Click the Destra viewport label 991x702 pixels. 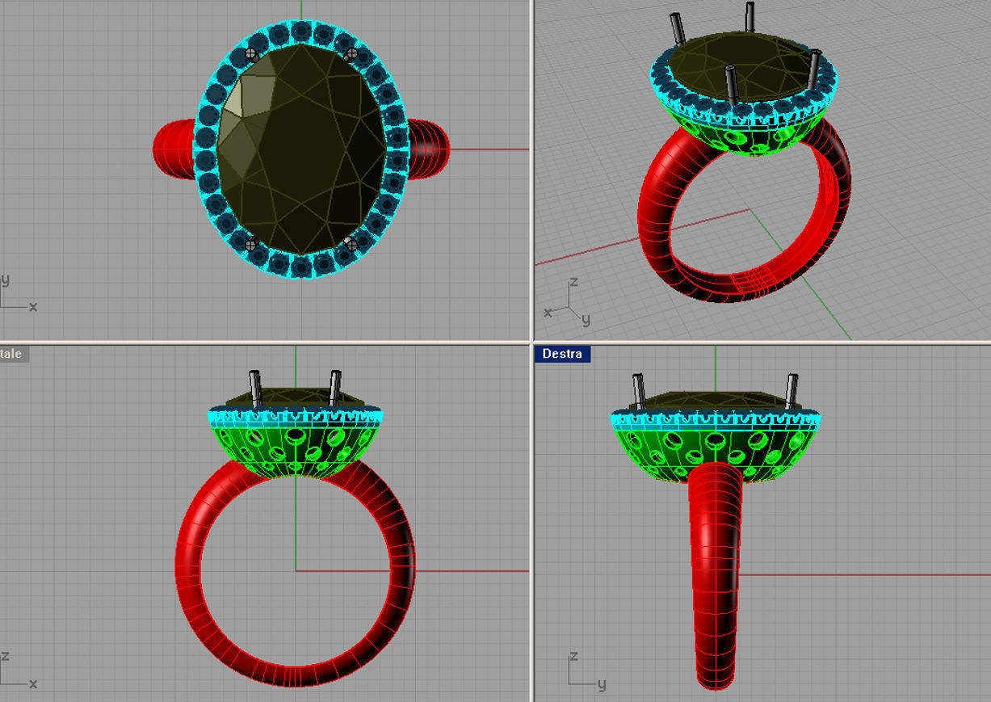562,354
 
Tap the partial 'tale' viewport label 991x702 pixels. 12,354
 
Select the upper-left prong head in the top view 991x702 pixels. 251,55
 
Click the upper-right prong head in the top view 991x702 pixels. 351,54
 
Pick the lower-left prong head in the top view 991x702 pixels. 250,243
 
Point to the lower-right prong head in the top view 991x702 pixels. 351,242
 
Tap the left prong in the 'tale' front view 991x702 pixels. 256,389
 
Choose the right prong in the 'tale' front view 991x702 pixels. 334,389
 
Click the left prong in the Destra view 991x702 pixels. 638,391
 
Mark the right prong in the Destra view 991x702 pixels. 791,391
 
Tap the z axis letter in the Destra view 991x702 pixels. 573,657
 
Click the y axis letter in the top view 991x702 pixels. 6,280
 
